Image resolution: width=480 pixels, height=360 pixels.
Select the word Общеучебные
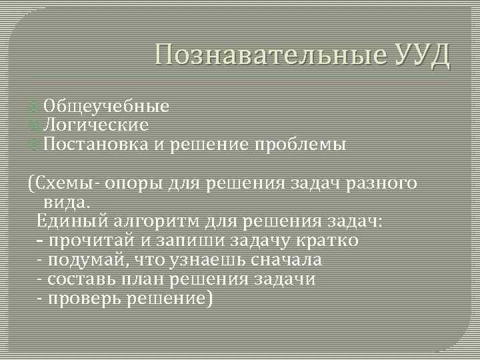106,107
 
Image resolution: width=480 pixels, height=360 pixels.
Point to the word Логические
95,125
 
